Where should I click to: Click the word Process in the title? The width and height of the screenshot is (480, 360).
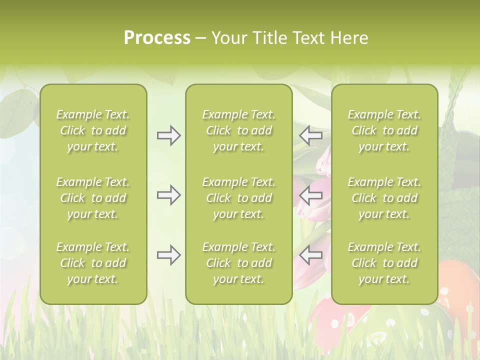[157, 38]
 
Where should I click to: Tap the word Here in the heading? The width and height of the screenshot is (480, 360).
[349, 38]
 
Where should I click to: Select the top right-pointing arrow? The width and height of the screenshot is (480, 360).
[168, 135]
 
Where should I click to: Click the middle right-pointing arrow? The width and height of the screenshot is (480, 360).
[168, 195]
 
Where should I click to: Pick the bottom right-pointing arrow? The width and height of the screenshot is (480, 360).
[168, 255]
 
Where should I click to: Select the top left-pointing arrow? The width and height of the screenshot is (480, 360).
[310, 135]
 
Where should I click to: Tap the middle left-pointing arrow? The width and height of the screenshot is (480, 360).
[310, 195]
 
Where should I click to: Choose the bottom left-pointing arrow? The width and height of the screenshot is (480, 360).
[310, 255]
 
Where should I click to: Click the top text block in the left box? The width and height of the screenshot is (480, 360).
[93, 130]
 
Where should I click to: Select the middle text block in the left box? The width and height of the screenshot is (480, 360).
[93, 198]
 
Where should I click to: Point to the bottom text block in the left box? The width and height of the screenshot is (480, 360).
[93, 263]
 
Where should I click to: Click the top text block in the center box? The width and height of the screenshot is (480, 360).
[238, 130]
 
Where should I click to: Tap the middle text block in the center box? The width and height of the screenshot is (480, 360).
[238, 198]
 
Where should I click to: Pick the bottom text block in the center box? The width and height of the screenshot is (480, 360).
[238, 263]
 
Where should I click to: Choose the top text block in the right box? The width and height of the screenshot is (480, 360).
[384, 130]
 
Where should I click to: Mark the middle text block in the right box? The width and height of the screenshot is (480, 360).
[384, 198]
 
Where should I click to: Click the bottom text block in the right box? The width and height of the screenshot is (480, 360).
[384, 263]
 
